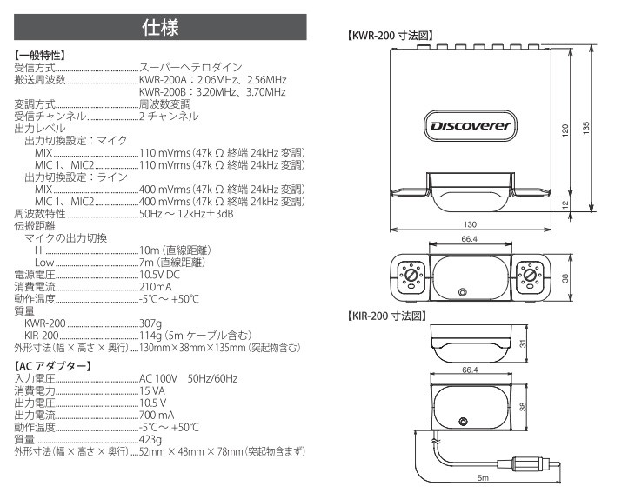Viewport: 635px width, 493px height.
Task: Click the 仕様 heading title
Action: point(160,28)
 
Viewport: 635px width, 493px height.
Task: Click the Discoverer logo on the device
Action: point(471,125)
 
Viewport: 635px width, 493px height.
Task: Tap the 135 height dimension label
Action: point(588,127)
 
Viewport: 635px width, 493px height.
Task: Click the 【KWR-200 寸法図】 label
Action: point(391,37)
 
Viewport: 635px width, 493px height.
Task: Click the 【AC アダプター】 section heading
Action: point(53,365)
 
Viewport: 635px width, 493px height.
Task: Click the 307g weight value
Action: point(152,323)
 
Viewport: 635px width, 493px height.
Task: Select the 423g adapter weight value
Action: point(151,439)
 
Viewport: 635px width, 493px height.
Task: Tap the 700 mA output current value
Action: point(157,415)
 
